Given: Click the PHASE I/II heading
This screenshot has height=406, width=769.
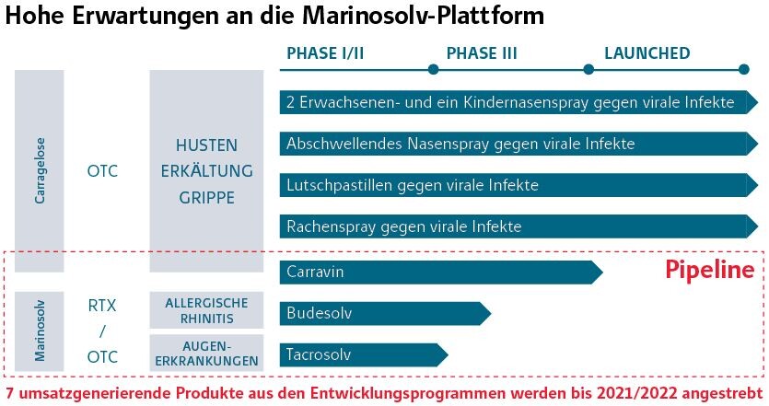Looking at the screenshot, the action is click(x=325, y=53).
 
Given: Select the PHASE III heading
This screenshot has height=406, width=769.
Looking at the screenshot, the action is click(x=482, y=53).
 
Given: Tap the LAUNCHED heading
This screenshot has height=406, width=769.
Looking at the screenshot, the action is click(x=647, y=53).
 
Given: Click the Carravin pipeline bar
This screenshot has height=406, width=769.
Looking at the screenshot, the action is click(x=441, y=273).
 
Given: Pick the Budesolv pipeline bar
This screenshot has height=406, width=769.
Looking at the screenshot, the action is click(x=385, y=313).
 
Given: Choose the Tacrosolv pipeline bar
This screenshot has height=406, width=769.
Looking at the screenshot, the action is click(x=364, y=354).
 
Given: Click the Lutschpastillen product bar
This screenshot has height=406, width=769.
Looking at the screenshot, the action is click(x=518, y=185).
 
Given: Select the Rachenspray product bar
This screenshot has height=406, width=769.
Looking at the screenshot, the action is click(x=518, y=226).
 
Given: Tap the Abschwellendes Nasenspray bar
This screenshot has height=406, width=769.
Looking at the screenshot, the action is click(x=518, y=144).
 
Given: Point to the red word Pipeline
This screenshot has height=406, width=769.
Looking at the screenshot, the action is click(x=710, y=270).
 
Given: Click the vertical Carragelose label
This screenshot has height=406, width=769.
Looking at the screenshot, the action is click(x=40, y=170).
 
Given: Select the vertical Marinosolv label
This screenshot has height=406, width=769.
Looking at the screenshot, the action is click(x=40, y=331).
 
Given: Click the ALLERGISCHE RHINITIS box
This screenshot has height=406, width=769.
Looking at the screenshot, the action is click(x=206, y=310).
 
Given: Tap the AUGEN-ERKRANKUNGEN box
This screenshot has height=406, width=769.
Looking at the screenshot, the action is click(x=206, y=353).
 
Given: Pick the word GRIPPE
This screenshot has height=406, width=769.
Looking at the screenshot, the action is click(x=206, y=198).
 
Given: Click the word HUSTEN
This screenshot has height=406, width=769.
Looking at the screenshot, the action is click(x=206, y=145).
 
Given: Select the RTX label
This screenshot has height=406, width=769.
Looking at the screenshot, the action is click(x=102, y=306).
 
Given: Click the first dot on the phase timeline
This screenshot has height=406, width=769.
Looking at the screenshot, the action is click(x=433, y=70).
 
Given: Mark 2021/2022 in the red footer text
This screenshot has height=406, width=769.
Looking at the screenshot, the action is click(x=636, y=393).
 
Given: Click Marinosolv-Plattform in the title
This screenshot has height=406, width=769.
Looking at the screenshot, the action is click(x=423, y=15).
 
